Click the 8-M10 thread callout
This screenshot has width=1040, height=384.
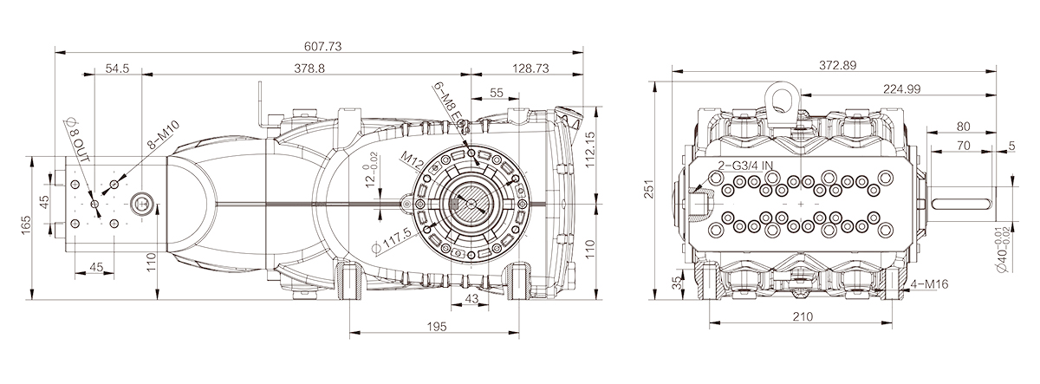162,137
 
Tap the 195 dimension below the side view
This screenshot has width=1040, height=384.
435,326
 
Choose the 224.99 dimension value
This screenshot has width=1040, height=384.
901,89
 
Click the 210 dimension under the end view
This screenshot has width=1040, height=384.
802,317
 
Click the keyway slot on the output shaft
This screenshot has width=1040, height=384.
969,204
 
